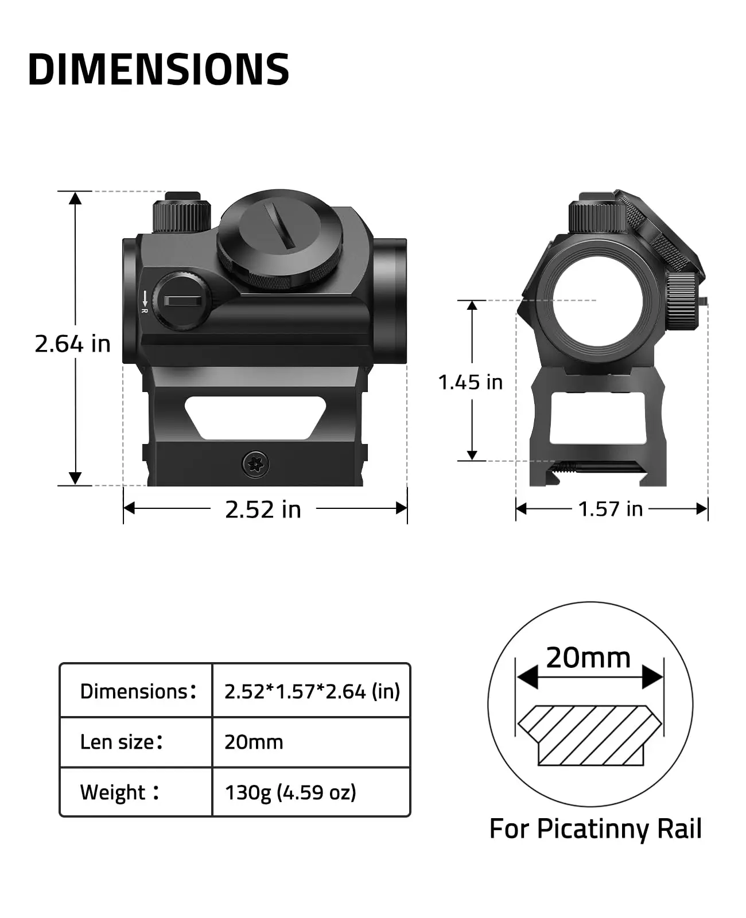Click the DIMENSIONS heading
point(158,70)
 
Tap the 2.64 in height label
point(72,344)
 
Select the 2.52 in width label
point(263,509)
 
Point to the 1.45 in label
point(470,382)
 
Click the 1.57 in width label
point(610,509)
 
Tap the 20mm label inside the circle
point(588,658)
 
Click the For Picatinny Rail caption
point(595,829)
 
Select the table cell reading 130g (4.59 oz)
point(290,792)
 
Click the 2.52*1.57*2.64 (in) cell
point(312,691)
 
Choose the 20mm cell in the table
point(254,742)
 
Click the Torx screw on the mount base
point(255,464)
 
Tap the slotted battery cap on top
point(280,238)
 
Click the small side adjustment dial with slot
point(182,301)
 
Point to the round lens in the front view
point(597,301)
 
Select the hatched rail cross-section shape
point(589,735)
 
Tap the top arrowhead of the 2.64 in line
point(75,197)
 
